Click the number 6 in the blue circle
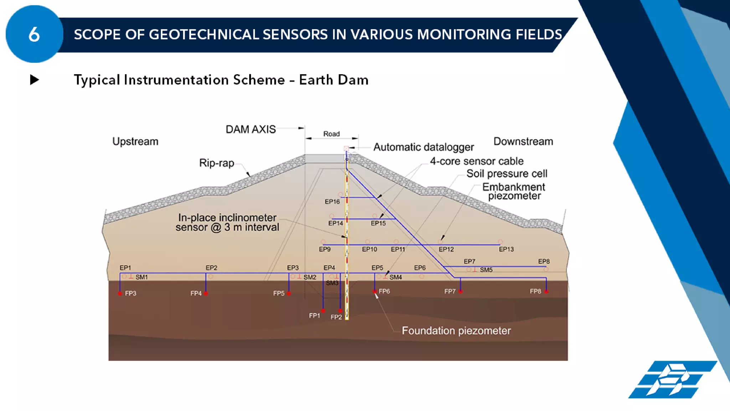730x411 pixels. [34, 35]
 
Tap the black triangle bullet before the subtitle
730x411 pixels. [34, 80]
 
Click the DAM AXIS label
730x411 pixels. [251, 129]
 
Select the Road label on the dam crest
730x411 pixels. [331, 134]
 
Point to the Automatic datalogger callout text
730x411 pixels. [423, 147]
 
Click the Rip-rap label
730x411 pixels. [216, 163]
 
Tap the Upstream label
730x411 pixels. [135, 141]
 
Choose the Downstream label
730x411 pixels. [523, 141]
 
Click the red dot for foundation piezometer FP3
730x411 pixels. [120, 294]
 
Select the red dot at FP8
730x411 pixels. [546, 291]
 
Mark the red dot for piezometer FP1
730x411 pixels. [323, 311]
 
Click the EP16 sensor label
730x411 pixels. [332, 202]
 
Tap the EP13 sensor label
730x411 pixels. [506, 249]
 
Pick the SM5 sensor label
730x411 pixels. [486, 270]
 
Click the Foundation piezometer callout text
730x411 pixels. [456, 331]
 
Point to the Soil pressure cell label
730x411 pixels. [507, 174]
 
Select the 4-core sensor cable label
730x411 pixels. [477, 161]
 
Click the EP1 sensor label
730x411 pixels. [125, 268]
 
